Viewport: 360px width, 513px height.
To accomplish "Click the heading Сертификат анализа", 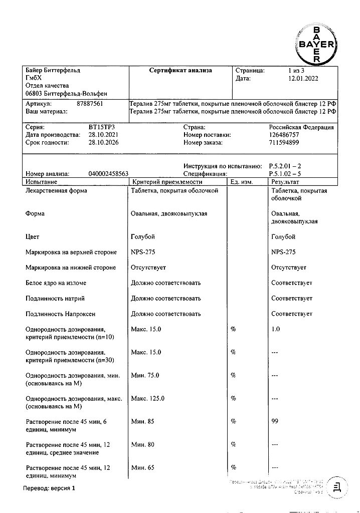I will click(181, 71).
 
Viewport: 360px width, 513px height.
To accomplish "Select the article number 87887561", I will click(90, 103).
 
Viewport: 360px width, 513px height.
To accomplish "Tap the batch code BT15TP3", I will click(101, 128).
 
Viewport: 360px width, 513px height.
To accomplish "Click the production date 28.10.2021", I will click(106, 135).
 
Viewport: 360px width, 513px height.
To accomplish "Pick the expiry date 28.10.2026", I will click(106, 143).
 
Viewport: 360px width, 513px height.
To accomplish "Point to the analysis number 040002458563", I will click(108, 174).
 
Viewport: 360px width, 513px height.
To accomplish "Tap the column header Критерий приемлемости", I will click(166, 182).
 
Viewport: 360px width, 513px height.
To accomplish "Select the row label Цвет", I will click(32, 236).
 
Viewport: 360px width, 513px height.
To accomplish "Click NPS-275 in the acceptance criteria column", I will click(143, 252).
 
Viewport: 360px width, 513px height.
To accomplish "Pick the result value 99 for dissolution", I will click(275, 422).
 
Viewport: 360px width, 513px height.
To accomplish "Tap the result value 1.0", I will click(275, 329).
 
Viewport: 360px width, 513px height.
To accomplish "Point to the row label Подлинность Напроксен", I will click(60, 314).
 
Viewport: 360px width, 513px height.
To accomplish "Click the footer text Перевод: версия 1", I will click(49, 487).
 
